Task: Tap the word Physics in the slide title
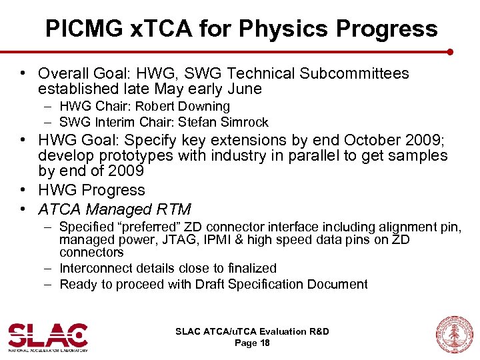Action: (x=279, y=29)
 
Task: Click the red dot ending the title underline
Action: (x=450, y=51)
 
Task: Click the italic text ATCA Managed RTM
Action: (x=115, y=209)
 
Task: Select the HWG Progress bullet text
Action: (x=91, y=191)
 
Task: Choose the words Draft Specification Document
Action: (x=281, y=284)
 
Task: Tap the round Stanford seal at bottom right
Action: (x=454, y=334)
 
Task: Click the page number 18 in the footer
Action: (x=265, y=343)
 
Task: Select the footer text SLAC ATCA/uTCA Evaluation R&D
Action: (x=252, y=331)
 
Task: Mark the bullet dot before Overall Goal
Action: (x=23, y=73)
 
